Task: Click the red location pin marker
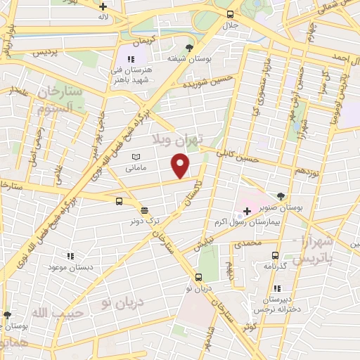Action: (x=181, y=166)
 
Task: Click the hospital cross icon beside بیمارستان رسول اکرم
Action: (x=247, y=210)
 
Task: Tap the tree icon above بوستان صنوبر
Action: (x=281, y=196)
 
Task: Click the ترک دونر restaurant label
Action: (x=143, y=221)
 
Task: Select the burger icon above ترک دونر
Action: (x=144, y=210)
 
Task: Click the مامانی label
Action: (x=136, y=168)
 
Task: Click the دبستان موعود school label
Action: (x=70, y=268)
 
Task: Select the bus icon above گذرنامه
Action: (x=275, y=256)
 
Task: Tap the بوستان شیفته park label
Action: (x=188, y=59)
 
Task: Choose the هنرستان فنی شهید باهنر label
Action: (x=131, y=75)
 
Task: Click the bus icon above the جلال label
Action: (x=230, y=13)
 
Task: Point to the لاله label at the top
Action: (x=103, y=15)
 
